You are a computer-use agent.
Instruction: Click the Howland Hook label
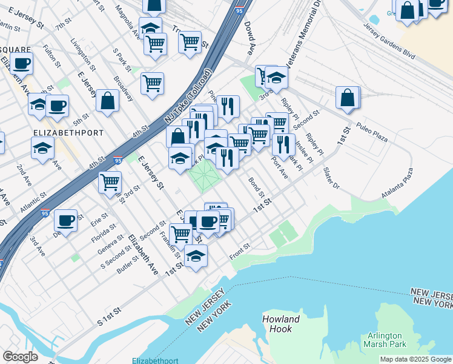click(x=281, y=324)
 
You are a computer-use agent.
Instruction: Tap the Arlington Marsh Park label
click(x=385, y=341)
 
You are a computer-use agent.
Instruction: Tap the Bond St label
click(x=256, y=187)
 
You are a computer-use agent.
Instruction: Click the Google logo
click(x=20, y=357)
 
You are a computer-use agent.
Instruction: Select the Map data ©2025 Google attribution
click(x=415, y=359)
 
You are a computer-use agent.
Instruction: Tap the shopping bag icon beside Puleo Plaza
click(x=348, y=98)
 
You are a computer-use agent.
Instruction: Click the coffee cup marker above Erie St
click(x=65, y=220)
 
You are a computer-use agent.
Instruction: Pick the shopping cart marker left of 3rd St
click(x=110, y=182)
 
